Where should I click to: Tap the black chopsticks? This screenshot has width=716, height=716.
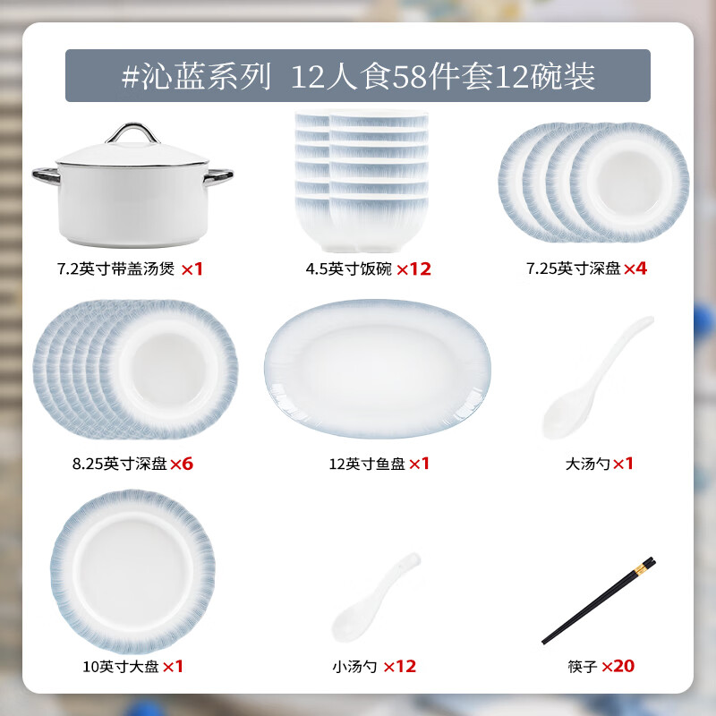click(x=598, y=600)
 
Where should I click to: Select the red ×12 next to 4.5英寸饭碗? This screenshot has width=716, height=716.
click(x=413, y=268)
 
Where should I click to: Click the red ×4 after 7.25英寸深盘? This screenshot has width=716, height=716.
click(x=635, y=268)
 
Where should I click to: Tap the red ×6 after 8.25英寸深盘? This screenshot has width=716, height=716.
click(x=182, y=464)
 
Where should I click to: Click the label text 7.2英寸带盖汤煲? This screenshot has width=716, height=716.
click(x=115, y=268)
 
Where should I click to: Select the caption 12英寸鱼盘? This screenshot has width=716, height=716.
click(x=366, y=464)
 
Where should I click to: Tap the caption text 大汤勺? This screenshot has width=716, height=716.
click(x=588, y=464)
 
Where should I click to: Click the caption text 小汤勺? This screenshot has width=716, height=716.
click(x=354, y=666)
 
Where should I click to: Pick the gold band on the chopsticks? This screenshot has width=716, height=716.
click(x=643, y=567)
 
